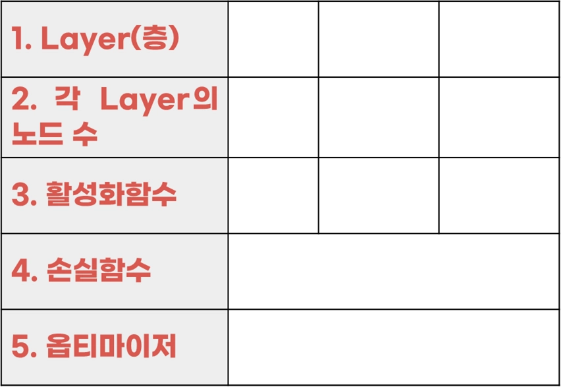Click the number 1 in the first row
pos(16,40)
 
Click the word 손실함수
pos(98,270)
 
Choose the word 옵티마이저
pos(111,347)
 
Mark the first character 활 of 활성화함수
pos(60,195)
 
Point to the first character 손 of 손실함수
pos(60,270)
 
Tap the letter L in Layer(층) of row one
pos(49,40)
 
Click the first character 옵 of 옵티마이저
pos(60,347)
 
